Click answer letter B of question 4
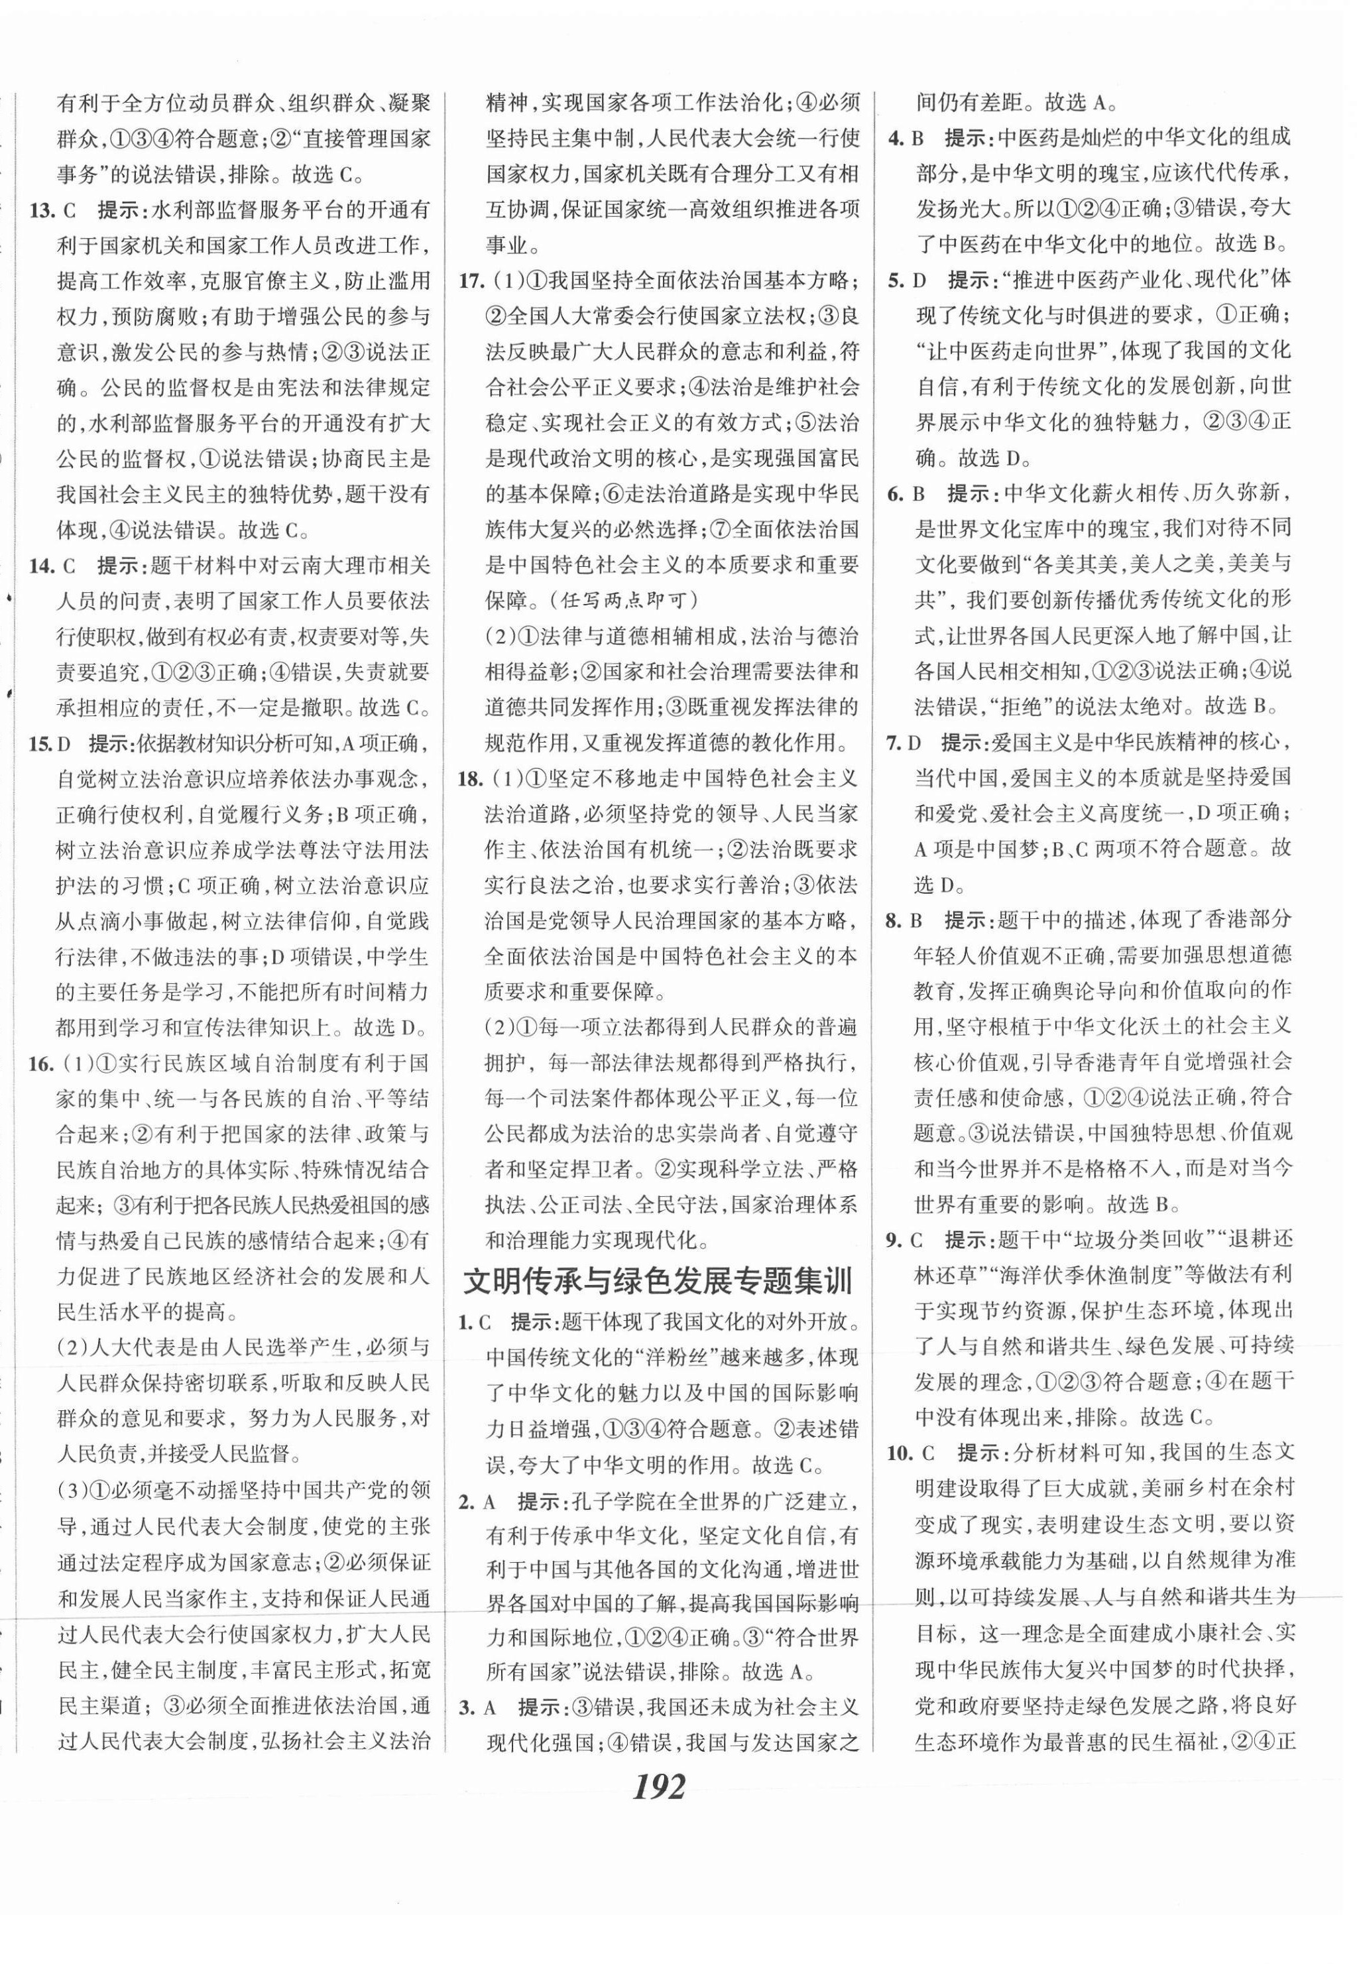point(918,139)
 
